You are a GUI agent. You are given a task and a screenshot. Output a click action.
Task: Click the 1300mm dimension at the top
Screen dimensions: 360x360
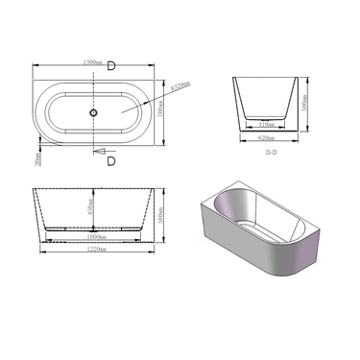[x=93, y=61]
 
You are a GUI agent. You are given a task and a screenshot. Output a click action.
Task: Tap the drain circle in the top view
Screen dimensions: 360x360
[x=94, y=113]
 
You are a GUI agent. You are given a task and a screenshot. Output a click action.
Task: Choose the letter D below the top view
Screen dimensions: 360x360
[x=112, y=160]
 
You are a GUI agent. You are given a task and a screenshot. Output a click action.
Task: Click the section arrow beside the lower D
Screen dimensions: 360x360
[x=99, y=151]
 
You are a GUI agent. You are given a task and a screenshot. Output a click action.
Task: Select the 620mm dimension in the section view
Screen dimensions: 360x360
[x=271, y=137]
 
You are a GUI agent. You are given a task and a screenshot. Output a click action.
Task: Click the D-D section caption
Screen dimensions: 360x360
[x=271, y=149]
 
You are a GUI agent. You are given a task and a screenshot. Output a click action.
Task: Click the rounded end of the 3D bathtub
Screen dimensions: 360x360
[x=305, y=252]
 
